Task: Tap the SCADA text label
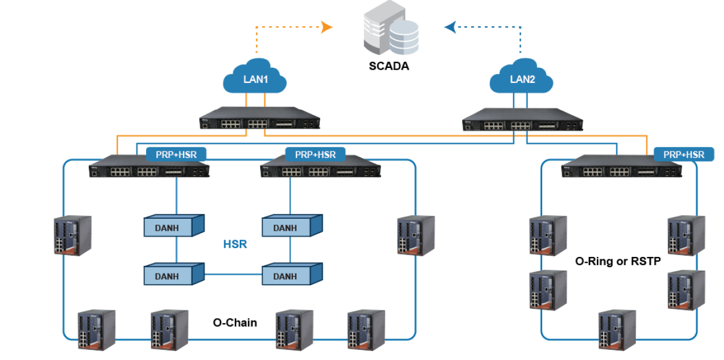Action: (388, 66)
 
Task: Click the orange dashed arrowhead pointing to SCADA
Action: (326, 26)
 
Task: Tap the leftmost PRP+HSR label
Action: (175, 155)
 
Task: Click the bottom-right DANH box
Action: (290, 275)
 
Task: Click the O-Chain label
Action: (235, 322)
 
